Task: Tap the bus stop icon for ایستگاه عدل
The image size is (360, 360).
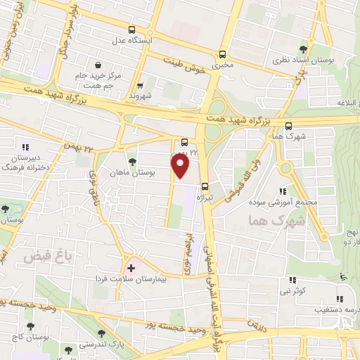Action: click(132, 30)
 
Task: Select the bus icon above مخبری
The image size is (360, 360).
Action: click(223, 54)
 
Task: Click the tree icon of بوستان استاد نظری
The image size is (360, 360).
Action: click(303, 49)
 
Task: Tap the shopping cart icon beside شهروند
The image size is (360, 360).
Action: click(140, 86)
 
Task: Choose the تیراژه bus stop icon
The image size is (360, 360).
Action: click(205, 186)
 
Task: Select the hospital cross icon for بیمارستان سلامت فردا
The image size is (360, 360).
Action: click(131, 269)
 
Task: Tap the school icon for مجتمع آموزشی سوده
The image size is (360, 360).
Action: click(283, 191)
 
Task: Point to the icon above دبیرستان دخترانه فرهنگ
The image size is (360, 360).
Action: click(26, 147)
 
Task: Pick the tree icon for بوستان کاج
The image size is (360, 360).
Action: click(30, 326)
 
